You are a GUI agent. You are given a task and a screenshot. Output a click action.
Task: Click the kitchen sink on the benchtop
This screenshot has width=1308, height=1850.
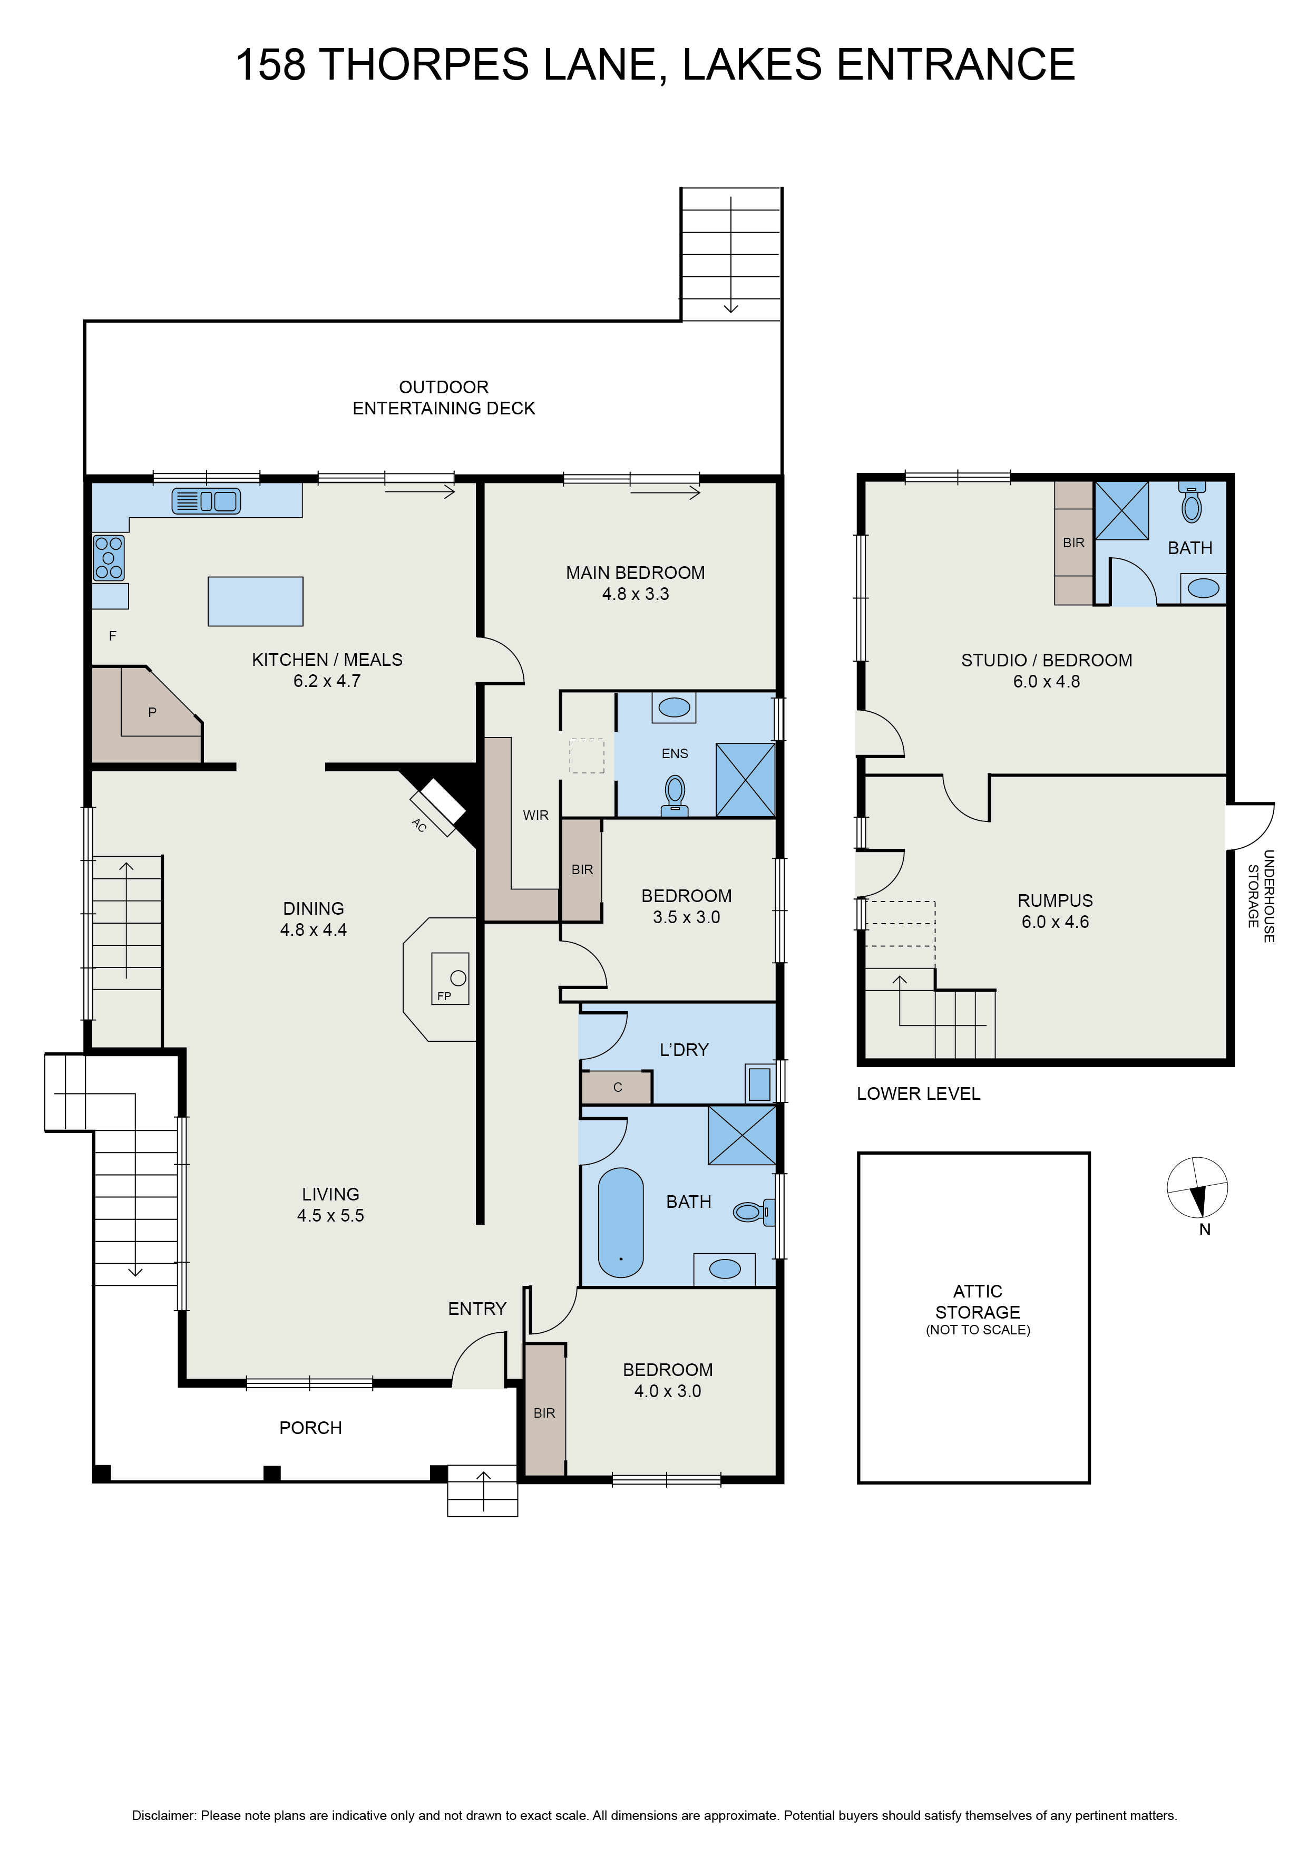pyautogui.click(x=206, y=501)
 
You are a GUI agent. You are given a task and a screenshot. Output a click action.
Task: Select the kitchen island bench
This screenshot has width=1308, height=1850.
pyautogui.click(x=255, y=601)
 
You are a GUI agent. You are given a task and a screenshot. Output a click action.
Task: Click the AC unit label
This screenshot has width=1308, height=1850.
pyautogui.click(x=419, y=825)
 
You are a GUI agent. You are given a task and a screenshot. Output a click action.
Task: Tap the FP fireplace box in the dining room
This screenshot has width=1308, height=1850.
pyautogui.click(x=450, y=978)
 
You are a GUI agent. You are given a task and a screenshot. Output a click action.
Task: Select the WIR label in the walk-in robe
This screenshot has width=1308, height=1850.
pyautogui.click(x=535, y=816)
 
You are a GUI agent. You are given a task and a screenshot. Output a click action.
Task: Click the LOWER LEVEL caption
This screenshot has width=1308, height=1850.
pyautogui.click(x=918, y=1093)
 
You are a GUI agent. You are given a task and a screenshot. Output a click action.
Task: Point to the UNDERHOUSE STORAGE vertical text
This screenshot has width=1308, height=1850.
pyautogui.click(x=1261, y=895)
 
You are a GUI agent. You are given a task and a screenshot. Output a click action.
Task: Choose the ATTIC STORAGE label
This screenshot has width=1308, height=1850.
pyautogui.click(x=978, y=1301)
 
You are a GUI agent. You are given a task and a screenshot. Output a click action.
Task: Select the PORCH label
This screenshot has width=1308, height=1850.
pyautogui.click(x=311, y=1428)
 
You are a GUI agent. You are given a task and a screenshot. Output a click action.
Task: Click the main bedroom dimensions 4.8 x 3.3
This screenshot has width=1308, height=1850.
pyautogui.click(x=636, y=594)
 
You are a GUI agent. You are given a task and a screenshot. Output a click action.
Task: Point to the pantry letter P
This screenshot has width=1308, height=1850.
pyautogui.click(x=152, y=712)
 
